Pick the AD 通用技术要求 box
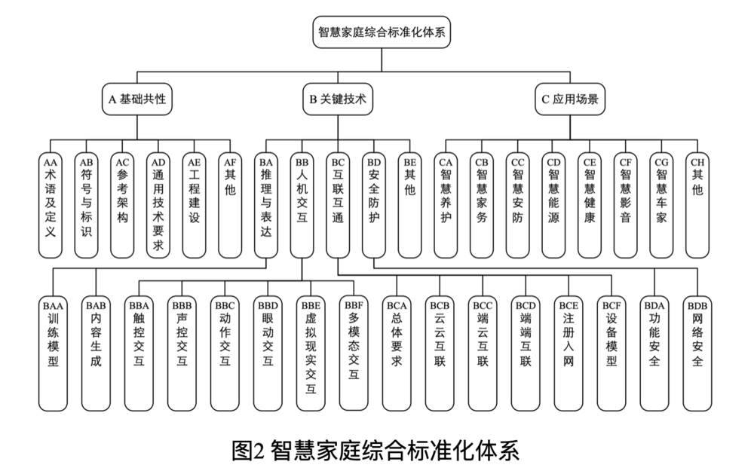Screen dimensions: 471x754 [x=158, y=204]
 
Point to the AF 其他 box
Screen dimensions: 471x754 [x=230, y=204]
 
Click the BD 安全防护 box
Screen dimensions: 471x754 [x=374, y=204]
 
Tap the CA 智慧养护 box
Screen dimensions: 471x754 [x=446, y=204]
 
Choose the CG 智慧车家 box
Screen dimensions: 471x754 [x=662, y=204]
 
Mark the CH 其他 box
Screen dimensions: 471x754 [x=697, y=204]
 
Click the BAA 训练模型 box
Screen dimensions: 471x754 [x=53, y=350]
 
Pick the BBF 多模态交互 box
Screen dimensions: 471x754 [x=354, y=350]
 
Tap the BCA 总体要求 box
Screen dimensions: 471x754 [x=397, y=350]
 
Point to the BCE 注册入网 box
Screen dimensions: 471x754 [x=569, y=350]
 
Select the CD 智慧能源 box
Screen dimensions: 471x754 [x=553, y=204]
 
